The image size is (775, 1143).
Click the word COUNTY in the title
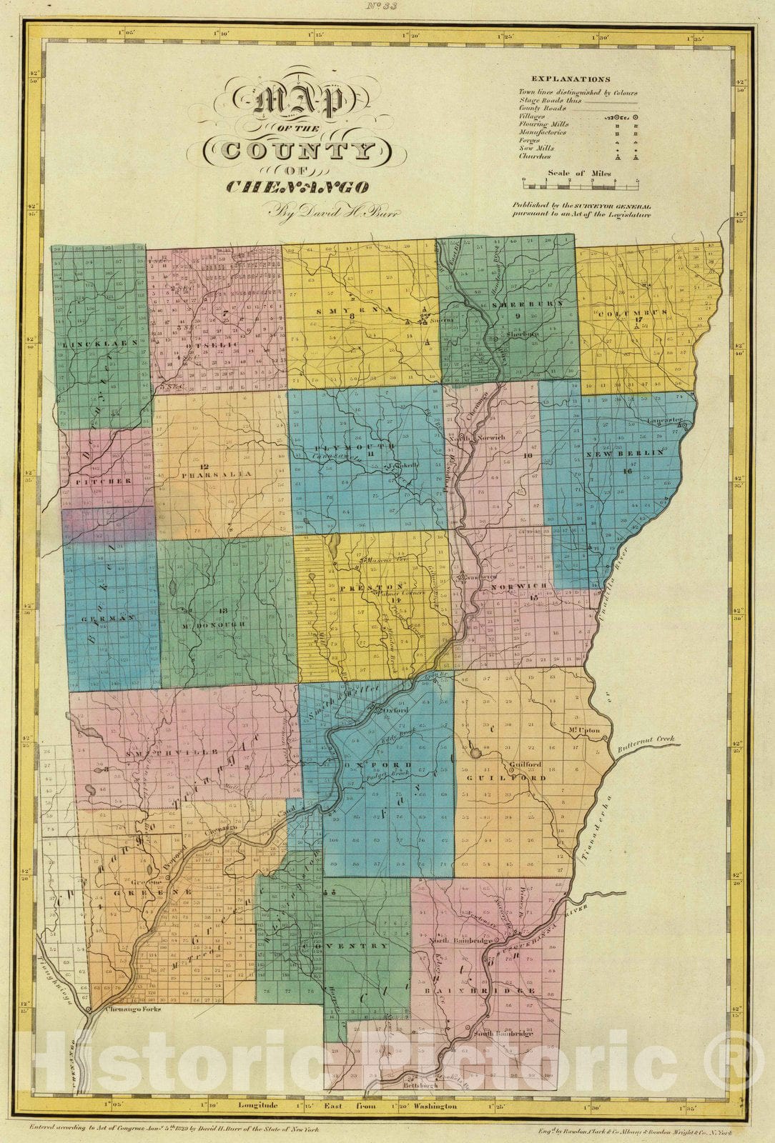pyautogui.click(x=298, y=150)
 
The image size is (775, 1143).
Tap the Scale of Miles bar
pyautogui.click(x=580, y=184)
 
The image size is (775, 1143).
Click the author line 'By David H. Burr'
pyautogui.click(x=323, y=211)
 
